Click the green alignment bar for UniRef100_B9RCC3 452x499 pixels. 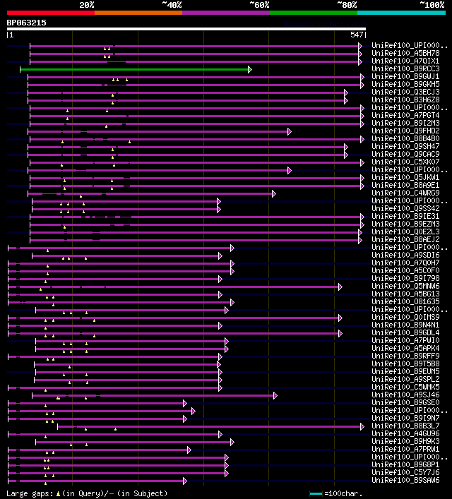[x=134, y=69]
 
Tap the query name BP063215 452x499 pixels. [x=26, y=23]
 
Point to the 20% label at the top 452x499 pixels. [x=87, y=5]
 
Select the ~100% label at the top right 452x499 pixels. [x=432, y=5]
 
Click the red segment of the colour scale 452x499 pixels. [x=50, y=13]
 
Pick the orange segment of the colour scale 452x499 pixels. [x=138, y=13]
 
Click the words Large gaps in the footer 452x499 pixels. [x=30, y=493]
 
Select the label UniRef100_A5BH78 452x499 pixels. [x=405, y=54]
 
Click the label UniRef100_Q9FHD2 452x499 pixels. [x=405, y=131]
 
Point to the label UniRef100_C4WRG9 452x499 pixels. [x=405, y=193]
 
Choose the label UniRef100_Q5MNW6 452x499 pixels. [x=405, y=287]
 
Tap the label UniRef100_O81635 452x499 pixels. [x=405, y=302]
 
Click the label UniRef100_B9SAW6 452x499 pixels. [x=405, y=481]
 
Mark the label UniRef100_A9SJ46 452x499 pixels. [x=405, y=395]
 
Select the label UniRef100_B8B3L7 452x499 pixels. [x=405, y=426]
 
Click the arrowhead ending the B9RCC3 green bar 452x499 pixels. [x=250, y=69]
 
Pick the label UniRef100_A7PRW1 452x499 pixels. [x=405, y=450]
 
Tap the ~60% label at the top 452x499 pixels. [x=259, y=5]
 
